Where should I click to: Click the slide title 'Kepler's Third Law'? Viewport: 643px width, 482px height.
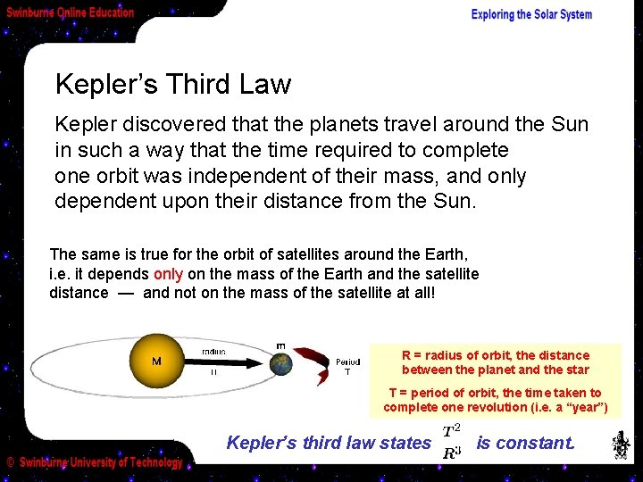pos(173,85)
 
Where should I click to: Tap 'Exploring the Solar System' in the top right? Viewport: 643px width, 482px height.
pos(531,14)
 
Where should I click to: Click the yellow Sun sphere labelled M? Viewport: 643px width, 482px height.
pos(156,361)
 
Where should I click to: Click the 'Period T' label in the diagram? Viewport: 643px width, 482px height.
pos(348,367)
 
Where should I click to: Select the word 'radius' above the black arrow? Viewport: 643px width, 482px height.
pos(213,351)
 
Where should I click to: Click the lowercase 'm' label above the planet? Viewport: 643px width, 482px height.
pos(280,345)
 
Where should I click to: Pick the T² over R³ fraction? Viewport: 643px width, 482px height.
pos(453,442)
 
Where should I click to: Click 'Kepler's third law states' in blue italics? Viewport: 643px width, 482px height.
pos(329,443)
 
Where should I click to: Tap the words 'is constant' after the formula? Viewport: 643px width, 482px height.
pos(525,443)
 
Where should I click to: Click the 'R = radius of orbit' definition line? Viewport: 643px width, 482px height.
pos(496,362)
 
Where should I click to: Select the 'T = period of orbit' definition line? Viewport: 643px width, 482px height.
pos(496,400)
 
